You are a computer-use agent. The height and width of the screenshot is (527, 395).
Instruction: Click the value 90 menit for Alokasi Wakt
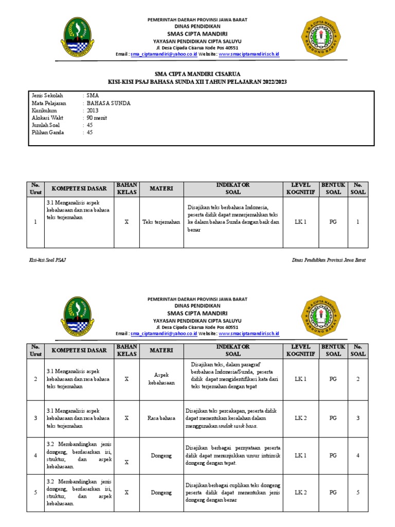pyautogui.click(x=97, y=118)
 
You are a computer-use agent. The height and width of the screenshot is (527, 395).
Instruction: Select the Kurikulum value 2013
pyautogui.click(x=93, y=111)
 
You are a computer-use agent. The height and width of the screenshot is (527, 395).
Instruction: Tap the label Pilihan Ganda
pyautogui.click(x=48, y=132)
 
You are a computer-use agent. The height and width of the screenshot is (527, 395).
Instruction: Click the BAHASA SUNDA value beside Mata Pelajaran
pyautogui.click(x=109, y=103)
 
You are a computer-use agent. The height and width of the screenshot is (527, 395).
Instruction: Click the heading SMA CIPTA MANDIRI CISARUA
pyautogui.click(x=197, y=74)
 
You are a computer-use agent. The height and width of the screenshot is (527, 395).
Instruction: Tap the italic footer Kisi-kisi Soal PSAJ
pyautogui.click(x=47, y=260)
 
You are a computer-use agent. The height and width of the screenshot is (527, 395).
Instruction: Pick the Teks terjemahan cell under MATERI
pyautogui.click(x=161, y=222)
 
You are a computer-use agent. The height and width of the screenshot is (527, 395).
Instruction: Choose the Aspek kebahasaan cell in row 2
pyautogui.click(x=161, y=379)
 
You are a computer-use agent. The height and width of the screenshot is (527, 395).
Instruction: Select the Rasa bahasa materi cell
pyautogui.click(x=161, y=418)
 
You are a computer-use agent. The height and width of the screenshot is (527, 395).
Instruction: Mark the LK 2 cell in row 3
pyautogui.click(x=300, y=418)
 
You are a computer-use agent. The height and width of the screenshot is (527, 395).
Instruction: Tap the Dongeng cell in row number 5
pyautogui.click(x=161, y=493)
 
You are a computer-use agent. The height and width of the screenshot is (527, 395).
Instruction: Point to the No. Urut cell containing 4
pyautogui.click(x=35, y=455)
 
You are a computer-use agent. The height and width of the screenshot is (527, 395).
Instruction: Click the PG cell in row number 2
pyautogui.click(x=333, y=379)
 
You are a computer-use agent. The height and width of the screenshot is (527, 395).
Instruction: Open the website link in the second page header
pyautogui.click(x=249, y=333)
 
